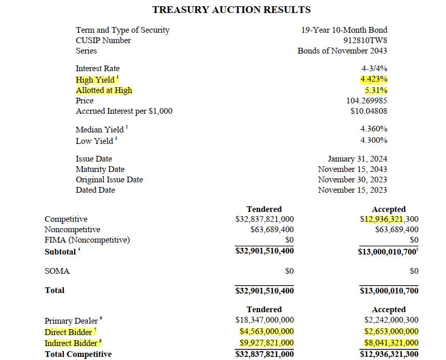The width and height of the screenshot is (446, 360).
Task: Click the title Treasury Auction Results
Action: [x=231, y=9]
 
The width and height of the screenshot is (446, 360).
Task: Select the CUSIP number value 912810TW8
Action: [x=366, y=41]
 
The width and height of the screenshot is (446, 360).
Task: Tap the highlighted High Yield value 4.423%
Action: [x=374, y=79]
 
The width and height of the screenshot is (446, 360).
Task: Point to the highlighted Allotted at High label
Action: [x=104, y=90]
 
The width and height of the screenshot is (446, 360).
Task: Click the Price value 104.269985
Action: [x=367, y=101]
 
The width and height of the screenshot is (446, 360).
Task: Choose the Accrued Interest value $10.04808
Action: [x=369, y=111]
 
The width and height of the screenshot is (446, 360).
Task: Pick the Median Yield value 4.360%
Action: [x=374, y=129]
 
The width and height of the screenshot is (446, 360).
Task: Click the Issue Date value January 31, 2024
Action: [x=357, y=159]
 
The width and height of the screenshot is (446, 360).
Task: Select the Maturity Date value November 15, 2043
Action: [x=353, y=169]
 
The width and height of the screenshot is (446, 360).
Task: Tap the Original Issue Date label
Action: [x=109, y=180]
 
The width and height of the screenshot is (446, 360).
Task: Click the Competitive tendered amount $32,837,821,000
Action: [x=264, y=219]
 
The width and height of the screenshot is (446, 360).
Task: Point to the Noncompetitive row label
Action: [x=72, y=230]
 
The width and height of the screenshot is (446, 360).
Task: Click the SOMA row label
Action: [x=57, y=271]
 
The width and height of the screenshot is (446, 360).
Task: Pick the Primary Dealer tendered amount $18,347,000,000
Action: [x=264, y=321]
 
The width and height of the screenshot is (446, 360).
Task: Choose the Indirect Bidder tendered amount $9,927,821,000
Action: [x=266, y=343]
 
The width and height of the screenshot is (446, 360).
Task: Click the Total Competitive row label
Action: [x=78, y=354]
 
